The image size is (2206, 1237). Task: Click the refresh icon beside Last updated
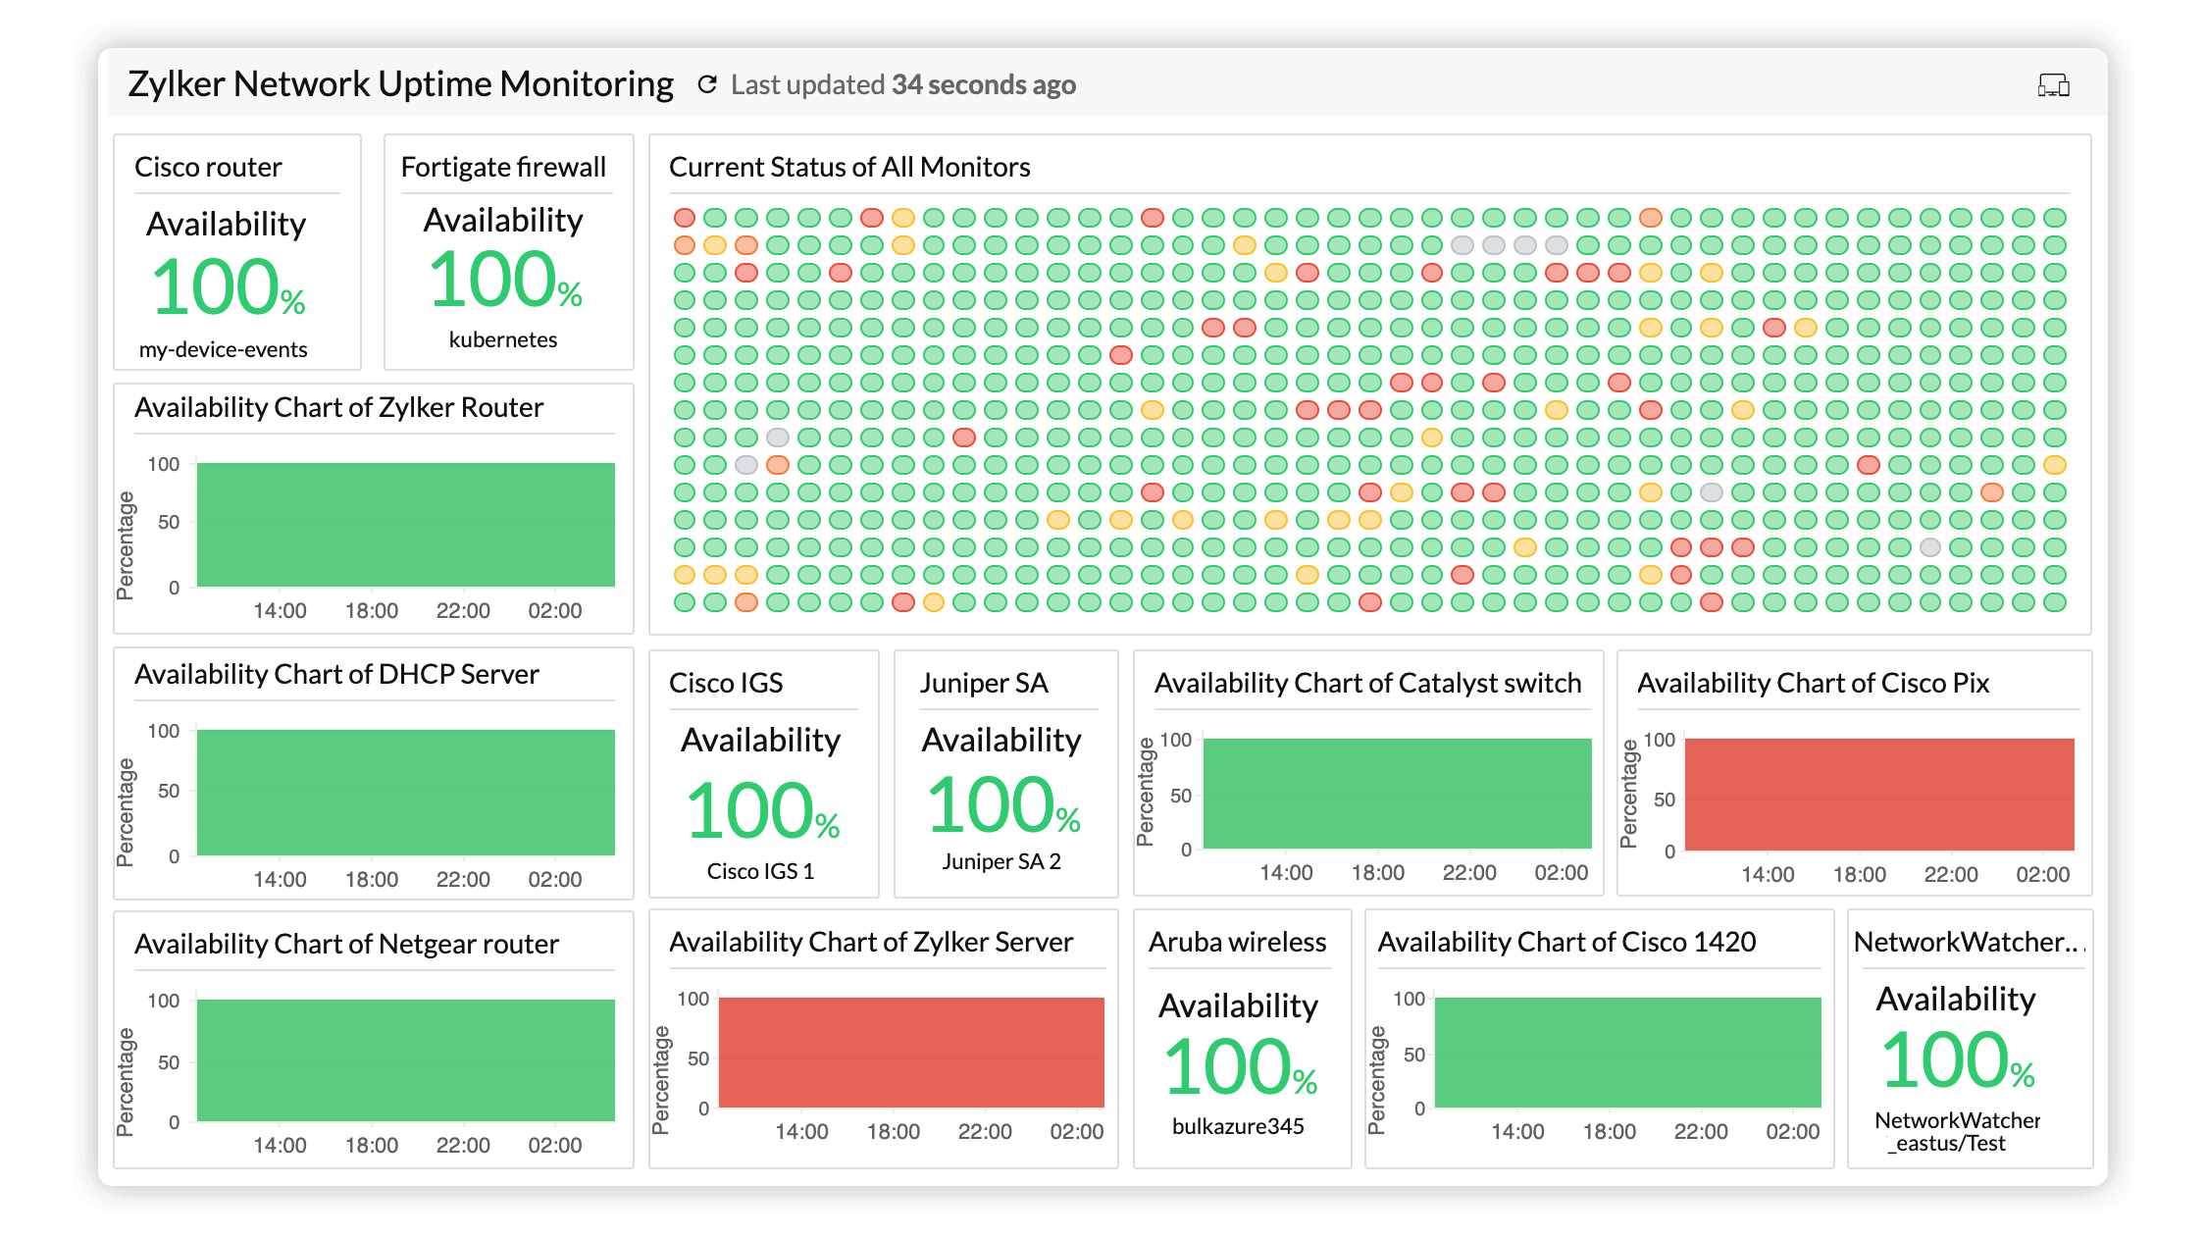[x=707, y=85]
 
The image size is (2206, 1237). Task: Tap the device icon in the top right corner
[x=2053, y=86]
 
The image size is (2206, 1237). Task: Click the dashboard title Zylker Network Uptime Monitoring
[x=400, y=84]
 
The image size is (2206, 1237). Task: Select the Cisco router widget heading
[x=208, y=167]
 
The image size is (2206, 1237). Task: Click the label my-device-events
[x=223, y=349]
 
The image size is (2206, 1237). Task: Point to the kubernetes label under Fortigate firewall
[x=502, y=339]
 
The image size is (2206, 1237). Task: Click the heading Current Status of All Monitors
[x=848, y=167]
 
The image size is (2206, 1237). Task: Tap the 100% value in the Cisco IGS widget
[x=762, y=811]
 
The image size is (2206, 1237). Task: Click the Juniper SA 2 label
[x=1001, y=861]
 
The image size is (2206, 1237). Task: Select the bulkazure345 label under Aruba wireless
[x=1238, y=1126]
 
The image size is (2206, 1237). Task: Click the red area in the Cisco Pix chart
[x=1878, y=794]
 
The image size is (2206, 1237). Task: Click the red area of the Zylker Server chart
[x=911, y=1052]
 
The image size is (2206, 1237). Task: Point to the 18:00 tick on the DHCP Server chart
[x=372, y=879]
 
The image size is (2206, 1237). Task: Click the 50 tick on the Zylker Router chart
[x=169, y=522]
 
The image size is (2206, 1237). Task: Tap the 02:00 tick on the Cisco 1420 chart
[x=1792, y=1131]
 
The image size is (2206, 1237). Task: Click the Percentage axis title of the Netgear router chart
[x=126, y=1081]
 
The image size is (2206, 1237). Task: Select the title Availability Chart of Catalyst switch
[x=1367, y=683]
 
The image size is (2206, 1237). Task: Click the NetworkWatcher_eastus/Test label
[x=1956, y=1132]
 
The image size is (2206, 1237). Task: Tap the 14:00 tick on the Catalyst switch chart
[x=1286, y=872]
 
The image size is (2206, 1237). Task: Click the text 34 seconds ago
[x=983, y=85]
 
